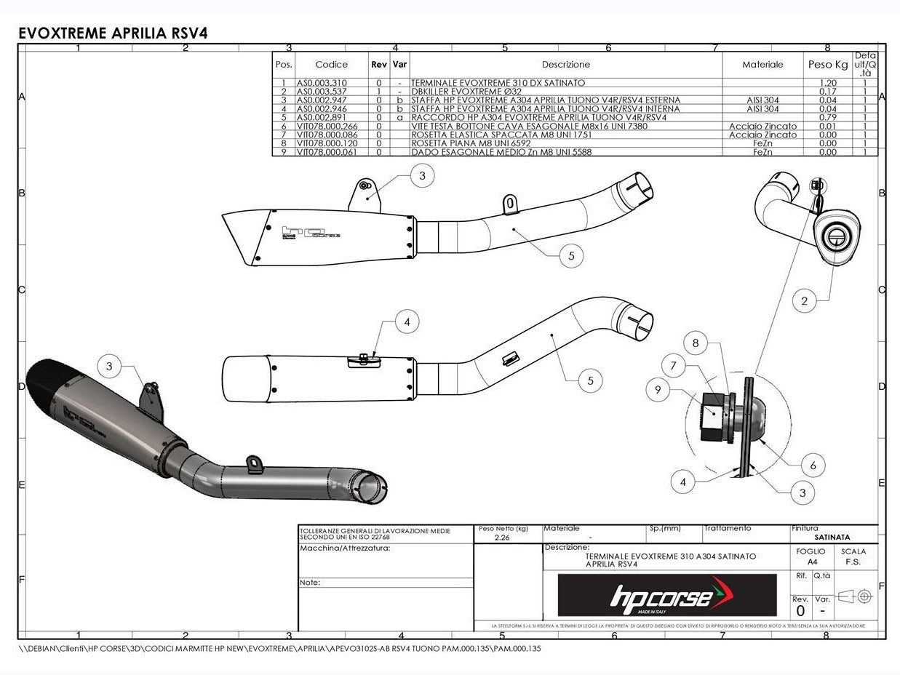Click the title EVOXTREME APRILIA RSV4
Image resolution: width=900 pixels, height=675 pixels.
tap(112, 33)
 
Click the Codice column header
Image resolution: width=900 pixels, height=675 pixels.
tap(331, 65)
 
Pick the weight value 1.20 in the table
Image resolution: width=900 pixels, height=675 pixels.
tap(828, 83)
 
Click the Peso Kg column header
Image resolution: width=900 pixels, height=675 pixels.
tap(828, 65)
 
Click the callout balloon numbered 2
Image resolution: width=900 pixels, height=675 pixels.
tap(804, 300)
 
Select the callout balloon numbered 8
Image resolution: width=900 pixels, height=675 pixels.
tap(696, 343)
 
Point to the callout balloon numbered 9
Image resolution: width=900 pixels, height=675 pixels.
tap(658, 390)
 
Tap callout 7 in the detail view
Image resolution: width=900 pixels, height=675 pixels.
tap(674, 366)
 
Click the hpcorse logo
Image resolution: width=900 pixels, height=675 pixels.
tap(666, 596)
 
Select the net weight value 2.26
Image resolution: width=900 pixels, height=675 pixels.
tap(501, 538)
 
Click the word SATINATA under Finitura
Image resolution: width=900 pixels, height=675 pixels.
tap(832, 538)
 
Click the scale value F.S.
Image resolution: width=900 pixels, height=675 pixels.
tap(853, 562)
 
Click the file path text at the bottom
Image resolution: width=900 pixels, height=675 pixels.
tap(279, 647)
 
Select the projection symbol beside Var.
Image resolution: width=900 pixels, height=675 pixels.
tap(854, 596)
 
